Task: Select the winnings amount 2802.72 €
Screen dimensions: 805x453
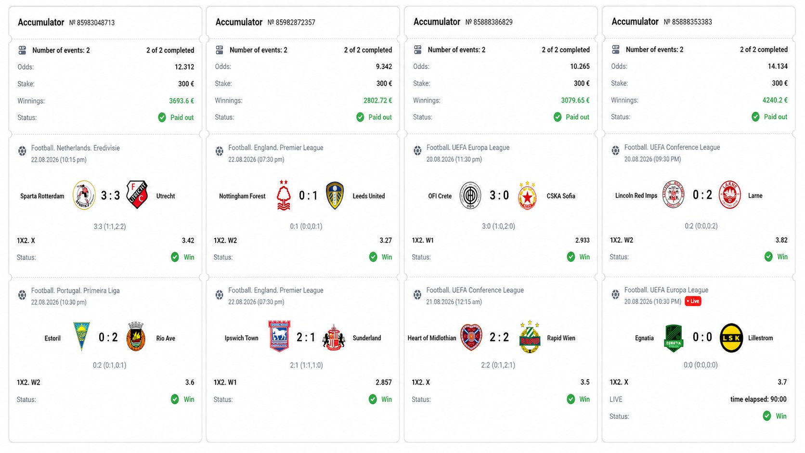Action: pos(377,101)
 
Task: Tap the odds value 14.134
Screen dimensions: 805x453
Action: pos(778,66)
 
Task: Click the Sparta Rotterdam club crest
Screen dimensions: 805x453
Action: pos(84,195)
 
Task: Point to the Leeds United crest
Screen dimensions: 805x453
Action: pos(335,195)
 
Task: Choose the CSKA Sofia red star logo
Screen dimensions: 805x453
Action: pos(527,196)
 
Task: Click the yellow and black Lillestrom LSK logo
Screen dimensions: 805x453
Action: pos(731,337)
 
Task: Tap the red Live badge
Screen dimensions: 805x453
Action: pos(693,301)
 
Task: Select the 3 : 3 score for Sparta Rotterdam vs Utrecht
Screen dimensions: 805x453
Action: pos(110,195)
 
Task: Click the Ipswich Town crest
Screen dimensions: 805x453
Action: pos(279,336)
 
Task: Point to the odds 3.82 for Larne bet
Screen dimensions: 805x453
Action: pos(781,240)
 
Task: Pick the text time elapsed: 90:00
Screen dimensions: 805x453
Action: pos(758,400)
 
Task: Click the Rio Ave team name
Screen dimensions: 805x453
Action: pos(166,338)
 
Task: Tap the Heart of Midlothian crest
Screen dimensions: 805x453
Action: pos(471,337)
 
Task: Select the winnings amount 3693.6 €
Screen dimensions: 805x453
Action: pos(182,101)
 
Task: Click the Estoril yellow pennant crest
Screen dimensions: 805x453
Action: pos(81,336)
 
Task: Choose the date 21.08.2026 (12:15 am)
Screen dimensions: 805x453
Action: pos(454,302)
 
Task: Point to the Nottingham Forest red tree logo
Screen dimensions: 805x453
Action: pos(284,195)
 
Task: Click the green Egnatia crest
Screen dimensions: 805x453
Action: pos(674,338)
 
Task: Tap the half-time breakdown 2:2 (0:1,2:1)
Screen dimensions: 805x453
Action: pos(498,365)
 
